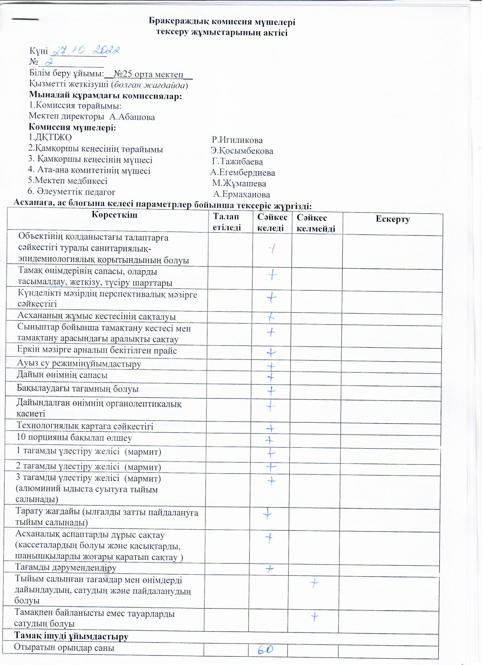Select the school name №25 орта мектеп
pos(149,74)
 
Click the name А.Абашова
pos(132,117)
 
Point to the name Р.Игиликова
pos(238,140)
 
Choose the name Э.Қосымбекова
pos(242,151)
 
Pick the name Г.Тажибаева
pos(238,162)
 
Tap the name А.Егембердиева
pos(243,173)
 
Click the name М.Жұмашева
pos(240,184)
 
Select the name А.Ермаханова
pos(242,195)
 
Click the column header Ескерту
pos(394,220)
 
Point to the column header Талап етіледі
pos(227,222)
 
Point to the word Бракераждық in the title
pos(179,22)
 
